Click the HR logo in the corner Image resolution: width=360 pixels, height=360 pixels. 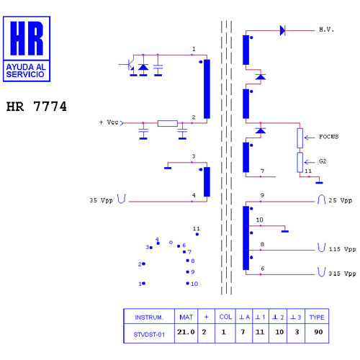point(27,49)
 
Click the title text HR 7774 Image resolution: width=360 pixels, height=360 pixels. point(36,107)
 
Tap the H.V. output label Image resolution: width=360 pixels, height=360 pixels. point(326,30)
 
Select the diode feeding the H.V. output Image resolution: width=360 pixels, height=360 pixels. point(283,31)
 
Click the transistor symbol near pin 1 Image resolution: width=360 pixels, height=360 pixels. point(130,65)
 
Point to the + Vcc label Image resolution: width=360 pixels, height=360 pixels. point(109,122)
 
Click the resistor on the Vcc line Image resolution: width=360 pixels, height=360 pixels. point(168,123)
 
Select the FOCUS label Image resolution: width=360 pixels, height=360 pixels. point(328,137)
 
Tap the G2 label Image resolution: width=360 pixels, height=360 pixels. point(323,161)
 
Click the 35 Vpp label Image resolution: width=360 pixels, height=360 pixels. point(101,200)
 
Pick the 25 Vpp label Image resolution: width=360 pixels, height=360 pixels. point(340,200)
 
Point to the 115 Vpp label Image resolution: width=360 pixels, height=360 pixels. point(342,249)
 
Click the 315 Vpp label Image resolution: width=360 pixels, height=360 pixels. point(342,274)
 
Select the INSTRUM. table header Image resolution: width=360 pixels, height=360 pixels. point(149,318)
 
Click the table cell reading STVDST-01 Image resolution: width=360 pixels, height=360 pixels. point(149,335)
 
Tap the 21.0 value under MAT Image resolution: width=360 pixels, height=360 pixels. point(186,332)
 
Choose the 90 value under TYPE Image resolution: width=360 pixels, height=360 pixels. point(318,332)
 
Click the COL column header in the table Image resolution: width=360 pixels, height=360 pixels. point(225,317)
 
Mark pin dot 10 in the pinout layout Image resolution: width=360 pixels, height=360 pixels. point(187,284)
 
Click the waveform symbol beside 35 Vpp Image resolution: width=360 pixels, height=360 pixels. point(122,199)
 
